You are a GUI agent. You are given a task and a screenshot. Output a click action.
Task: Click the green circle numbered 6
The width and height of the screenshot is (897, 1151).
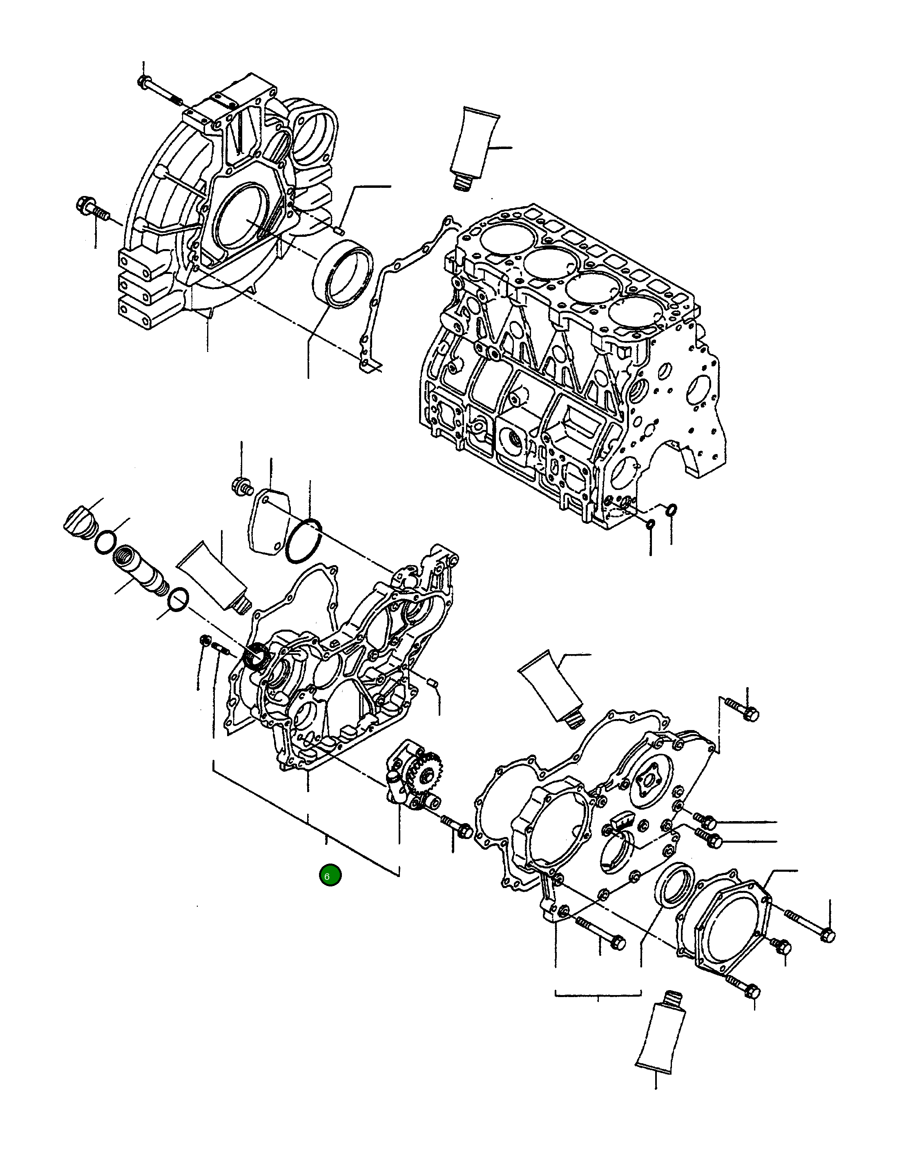tap(330, 875)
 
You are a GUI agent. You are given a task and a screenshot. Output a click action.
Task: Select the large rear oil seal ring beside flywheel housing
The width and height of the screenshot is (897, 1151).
tap(343, 272)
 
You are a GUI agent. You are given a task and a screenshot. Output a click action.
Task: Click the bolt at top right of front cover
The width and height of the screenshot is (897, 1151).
tap(743, 709)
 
